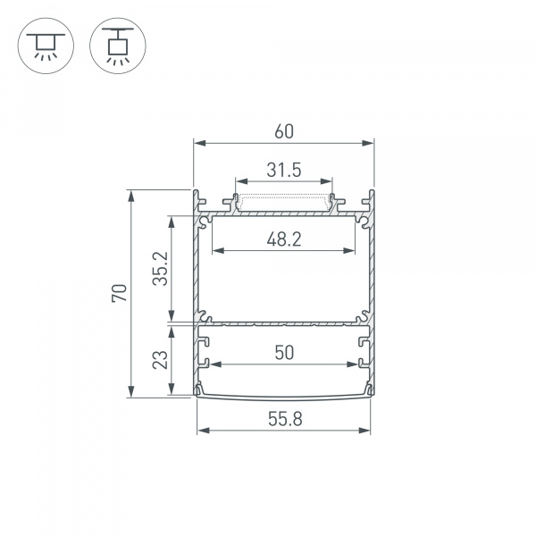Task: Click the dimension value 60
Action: pos(284,131)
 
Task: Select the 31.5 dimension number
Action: pos(284,170)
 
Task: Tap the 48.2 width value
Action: pos(284,239)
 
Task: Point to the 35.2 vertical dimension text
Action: pos(160,269)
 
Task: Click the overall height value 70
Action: pos(120,293)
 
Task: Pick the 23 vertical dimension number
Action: pos(160,360)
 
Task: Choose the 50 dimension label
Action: pos(284,353)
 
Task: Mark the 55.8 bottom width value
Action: pos(285,419)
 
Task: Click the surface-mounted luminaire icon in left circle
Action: pos(46,46)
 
